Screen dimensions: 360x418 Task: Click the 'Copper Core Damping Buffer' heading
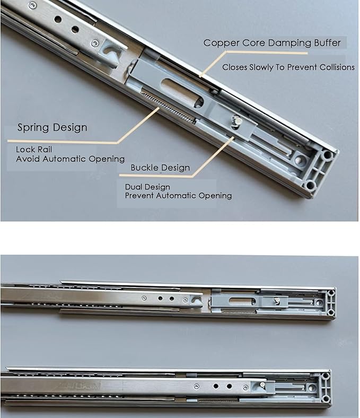click(x=272, y=43)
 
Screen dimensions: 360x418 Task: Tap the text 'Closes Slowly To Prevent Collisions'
click(x=288, y=67)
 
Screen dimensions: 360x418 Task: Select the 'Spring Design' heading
click(x=52, y=127)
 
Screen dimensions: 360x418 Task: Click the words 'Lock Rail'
click(x=34, y=149)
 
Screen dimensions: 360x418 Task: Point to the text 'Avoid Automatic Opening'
click(x=71, y=159)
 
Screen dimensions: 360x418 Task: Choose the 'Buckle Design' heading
click(x=160, y=168)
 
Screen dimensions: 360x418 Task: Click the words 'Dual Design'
click(x=147, y=187)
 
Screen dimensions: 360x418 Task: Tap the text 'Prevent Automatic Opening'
click(x=178, y=196)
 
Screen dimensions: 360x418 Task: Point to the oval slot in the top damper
click(x=182, y=93)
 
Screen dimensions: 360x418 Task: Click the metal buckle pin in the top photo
click(x=237, y=121)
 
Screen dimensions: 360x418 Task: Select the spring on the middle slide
click(x=238, y=311)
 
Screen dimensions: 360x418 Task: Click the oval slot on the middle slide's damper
click(x=242, y=301)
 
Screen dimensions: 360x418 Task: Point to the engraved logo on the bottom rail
click(x=80, y=385)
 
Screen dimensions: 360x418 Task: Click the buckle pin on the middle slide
click(x=277, y=301)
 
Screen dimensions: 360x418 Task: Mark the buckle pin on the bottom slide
click(x=262, y=385)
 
